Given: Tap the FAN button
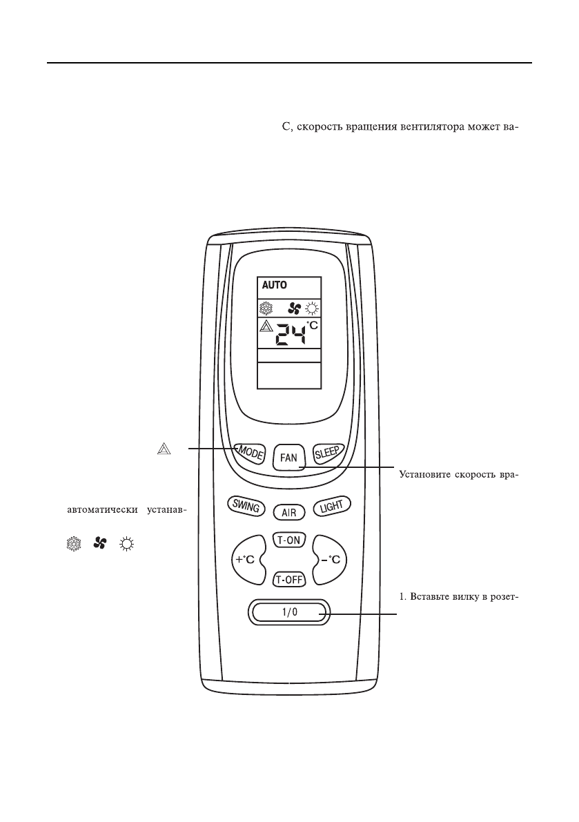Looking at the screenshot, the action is coord(288,457).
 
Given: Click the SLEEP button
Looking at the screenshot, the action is coord(328,453).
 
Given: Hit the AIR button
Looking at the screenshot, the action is coord(289,512).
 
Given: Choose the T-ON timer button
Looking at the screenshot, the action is coord(288,540).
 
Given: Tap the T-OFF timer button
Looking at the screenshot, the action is coord(288,579).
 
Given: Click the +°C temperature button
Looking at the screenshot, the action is coord(246,560).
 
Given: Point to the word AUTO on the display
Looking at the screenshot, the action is coord(273,284).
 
